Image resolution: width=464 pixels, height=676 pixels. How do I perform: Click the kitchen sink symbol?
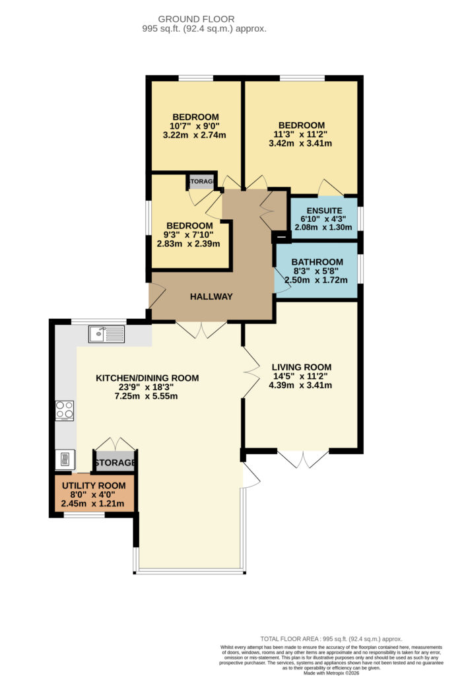pyautogui.click(x=106, y=334)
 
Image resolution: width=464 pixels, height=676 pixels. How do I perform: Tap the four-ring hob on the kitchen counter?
pyautogui.click(x=64, y=411)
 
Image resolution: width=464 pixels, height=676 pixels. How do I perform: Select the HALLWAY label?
pyautogui.click(x=211, y=296)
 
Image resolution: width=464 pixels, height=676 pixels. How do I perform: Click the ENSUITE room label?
pyautogui.click(x=324, y=211)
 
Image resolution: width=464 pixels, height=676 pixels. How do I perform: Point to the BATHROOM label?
pyautogui.click(x=317, y=262)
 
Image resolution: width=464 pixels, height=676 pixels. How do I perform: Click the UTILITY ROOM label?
pyautogui.click(x=94, y=485)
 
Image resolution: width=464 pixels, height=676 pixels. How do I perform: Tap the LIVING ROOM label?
pyautogui.click(x=302, y=367)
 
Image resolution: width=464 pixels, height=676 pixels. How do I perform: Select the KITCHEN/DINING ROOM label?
pyautogui.click(x=147, y=378)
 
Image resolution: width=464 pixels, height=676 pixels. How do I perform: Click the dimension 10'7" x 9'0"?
pyautogui.click(x=195, y=126)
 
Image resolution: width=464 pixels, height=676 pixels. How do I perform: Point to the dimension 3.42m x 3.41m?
pyautogui.click(x=300, y=143)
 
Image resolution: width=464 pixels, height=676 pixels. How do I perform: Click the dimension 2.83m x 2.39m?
pyautogui.click(x=189, y=244)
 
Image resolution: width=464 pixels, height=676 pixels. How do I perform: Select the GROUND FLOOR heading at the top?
pyautogui.click(x=196, y=19)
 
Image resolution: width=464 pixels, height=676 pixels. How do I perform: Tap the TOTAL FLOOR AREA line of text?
pyautogui.click(x=331, y=639)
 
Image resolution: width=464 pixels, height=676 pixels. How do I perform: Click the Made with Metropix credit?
pyautogui.click(x=331, y=673)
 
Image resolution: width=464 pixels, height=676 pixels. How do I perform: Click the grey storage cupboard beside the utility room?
pyautogui.click(x=115, y=461)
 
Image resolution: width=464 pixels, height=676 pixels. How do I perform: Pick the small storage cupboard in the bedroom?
pyautogui.click(x=202, y=182)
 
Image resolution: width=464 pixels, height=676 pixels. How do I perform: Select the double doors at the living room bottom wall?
pyautogui.click(x=303, y=459)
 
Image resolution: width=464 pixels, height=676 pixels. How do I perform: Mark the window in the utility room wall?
pyautogui.click(x=84, y=515)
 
